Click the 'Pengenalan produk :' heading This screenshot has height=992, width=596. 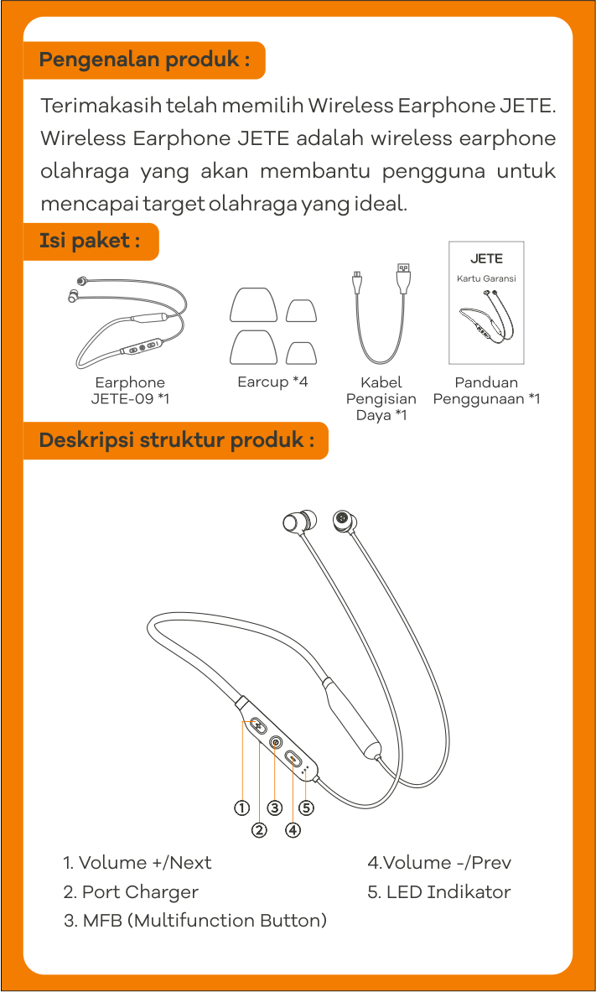pos(144,60)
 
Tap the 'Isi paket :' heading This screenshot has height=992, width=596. pos(90,241)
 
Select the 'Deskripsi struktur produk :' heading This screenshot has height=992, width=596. pos(177,439)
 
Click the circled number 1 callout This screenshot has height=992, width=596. pos(241,808)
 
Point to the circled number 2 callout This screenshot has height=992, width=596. pos(259,830)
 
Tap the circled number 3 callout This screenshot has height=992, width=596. pos(275,808)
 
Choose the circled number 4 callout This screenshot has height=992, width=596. pos(293,830)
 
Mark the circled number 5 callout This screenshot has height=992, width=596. pos(307,808)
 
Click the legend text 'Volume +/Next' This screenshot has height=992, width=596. pos(145,862)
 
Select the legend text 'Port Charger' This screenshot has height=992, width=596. pos(140,892)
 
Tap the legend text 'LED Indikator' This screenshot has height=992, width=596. pos(448,892)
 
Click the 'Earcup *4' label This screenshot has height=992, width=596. pos(272,382)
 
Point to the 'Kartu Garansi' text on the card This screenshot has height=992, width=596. pos(486,278)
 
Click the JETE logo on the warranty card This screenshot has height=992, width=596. pos(486,259)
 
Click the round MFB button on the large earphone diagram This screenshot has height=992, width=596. pos(276,741)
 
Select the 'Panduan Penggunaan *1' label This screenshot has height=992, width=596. pos(486,391)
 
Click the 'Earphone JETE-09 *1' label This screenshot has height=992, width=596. pos(130,391)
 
